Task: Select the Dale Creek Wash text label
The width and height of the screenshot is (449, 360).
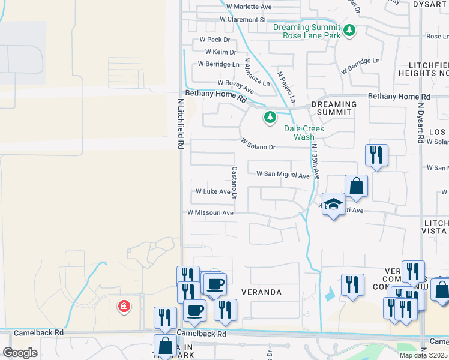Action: pos(304,133)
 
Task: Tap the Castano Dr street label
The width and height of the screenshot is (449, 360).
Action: pos(235,182)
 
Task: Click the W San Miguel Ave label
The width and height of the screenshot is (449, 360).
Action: pos(283,175)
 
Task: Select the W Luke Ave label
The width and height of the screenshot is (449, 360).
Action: pos(213,192)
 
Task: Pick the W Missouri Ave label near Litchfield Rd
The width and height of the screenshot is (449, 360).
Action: pos(210,212)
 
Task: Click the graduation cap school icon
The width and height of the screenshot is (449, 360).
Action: pos(333,205)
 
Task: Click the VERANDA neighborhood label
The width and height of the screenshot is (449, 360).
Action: pos(262,292)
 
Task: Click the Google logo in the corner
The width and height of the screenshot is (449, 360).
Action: pos(19,353)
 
